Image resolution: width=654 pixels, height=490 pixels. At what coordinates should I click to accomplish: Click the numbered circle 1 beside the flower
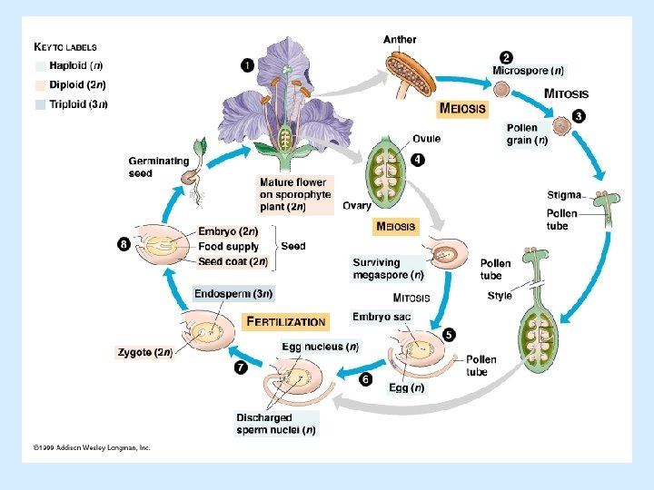click(x=247, y=64)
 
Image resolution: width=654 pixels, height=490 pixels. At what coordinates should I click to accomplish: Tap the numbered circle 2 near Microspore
click(x=506, y=57)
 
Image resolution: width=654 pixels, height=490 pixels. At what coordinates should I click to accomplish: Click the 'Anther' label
click(x=400, y=39)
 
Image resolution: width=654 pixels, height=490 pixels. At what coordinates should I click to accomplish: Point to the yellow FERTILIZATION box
click(x=286, y=321)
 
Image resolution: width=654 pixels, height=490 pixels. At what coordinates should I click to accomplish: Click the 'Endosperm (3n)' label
click(x=233, y=293)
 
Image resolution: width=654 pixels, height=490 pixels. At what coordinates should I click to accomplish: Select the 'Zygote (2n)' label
click(x=144, y=351)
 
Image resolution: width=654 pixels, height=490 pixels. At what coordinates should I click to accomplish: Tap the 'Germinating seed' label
click(x=159, y=167)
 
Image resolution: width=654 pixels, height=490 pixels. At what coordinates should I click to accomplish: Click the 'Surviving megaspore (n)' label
click(x=388, y=269)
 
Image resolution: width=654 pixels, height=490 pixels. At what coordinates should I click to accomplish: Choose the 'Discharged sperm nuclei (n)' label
click(x=276, y=424)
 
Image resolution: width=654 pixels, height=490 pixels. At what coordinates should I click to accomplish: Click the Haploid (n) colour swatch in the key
click(x=40, y=66)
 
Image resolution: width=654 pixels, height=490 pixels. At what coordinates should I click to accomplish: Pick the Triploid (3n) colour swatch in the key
click(x=40, y=104)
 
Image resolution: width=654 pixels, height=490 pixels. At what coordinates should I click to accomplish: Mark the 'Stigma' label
click(x=564, y=195)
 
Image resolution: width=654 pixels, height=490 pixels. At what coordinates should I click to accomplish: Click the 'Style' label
click(x=500, y=296)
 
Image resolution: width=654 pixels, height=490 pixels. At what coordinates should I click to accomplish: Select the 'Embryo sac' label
click(x=381, y=317)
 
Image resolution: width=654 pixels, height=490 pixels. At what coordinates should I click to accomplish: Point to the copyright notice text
click(x=92, y=447)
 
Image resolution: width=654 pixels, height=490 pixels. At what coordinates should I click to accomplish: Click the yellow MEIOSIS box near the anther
click(x=461, y=108)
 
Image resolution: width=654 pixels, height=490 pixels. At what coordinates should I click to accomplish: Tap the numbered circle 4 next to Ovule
click(x=417, y=161)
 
